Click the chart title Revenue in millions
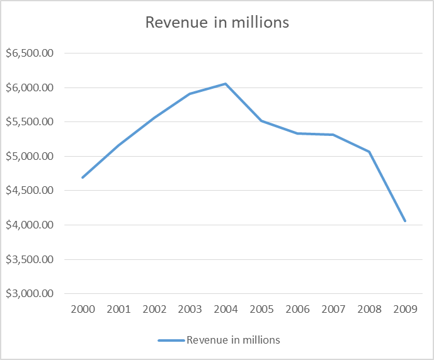point(217,23)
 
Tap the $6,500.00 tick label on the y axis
point(29,53)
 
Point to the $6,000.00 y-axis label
point(29,88)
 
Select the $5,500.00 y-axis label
point(29,122)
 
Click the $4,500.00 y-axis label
point(29,191)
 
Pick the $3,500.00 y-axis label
point(29,259)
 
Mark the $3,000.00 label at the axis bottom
point(29,294)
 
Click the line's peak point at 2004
point(226,84)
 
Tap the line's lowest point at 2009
point(405,221)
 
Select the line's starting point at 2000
point(83,177)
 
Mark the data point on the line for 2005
point(261,121)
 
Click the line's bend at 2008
point(369,152)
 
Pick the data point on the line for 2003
point(190,94)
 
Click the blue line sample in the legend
point(171,340)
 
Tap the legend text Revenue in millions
point(233,340)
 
